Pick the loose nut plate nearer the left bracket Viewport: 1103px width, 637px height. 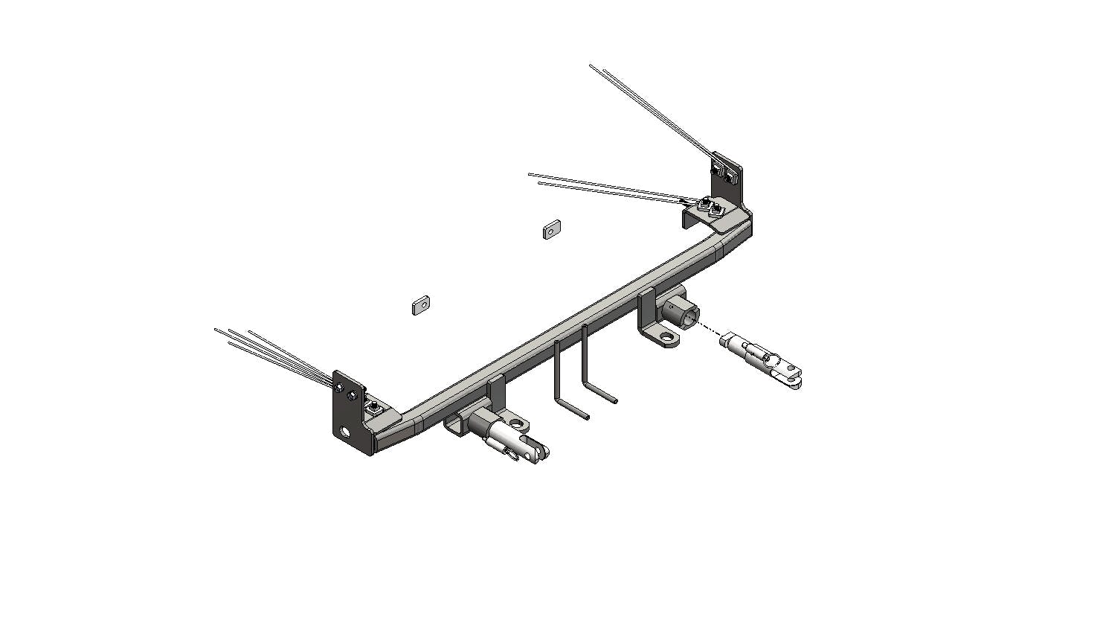421,304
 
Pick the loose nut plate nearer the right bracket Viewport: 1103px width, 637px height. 550,229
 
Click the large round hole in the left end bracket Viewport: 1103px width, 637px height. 345,432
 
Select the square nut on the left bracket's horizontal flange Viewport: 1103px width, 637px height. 374,408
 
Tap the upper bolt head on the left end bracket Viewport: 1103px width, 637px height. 340,387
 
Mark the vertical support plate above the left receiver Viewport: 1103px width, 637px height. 497,393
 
